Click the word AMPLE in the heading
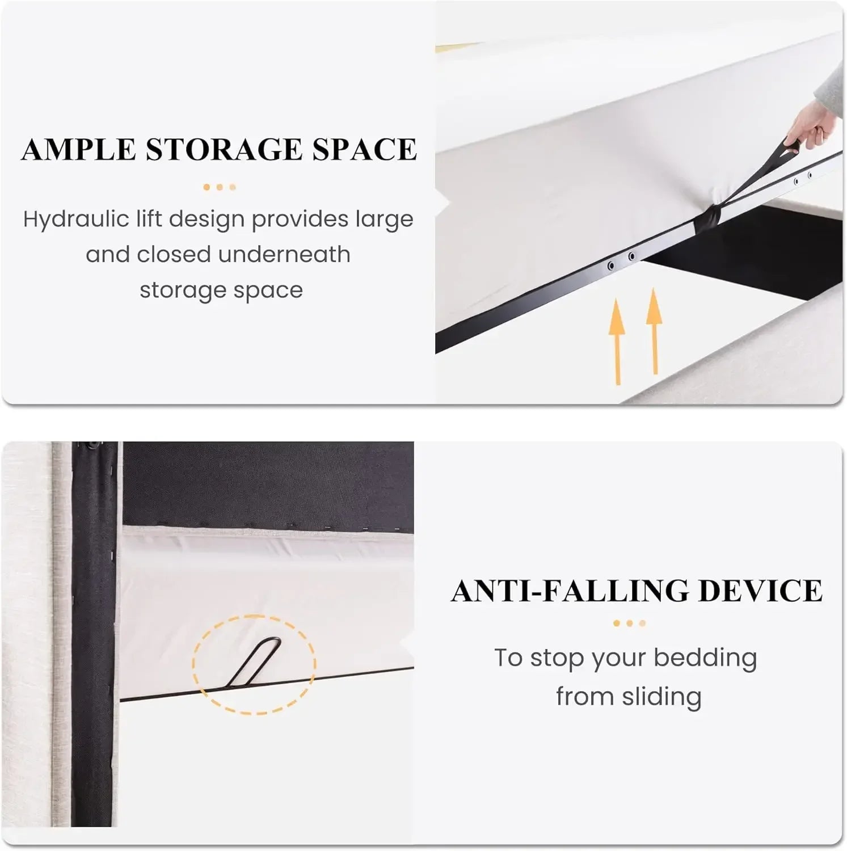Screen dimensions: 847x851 (78, 150)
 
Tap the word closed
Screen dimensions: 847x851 (174, 254)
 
